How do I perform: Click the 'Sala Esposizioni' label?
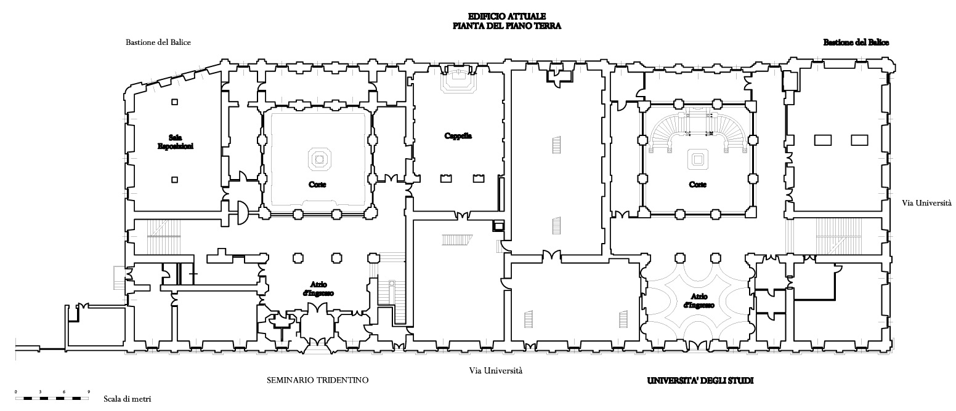pos(175,142)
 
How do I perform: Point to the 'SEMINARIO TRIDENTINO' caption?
pos(318,380)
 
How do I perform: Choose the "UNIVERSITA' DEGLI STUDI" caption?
pos(700,381)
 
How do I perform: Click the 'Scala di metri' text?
pos(126,399)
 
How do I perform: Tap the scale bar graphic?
pos(52,399)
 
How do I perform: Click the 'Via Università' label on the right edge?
pos(926,202)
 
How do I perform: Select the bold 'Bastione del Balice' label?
pos(856,43)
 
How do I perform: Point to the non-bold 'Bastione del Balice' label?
pos(158,43)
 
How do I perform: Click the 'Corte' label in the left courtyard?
pos(318,184)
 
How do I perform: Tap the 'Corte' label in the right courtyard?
pos(697,185)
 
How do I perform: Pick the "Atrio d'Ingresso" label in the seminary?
pos(318,289)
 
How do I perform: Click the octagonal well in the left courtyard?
pos(318,159)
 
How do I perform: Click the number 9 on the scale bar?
pos(89,392)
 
